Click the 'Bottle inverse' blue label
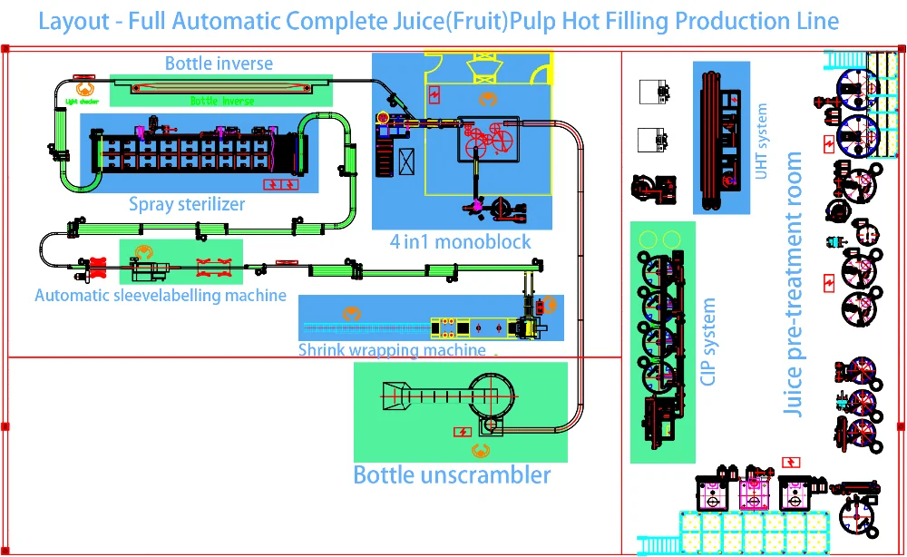(x=219, y=64)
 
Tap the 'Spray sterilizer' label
(x=187, y=204)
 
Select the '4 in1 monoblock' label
(x=461, y=241)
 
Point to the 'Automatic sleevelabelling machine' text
(x=161, y=295)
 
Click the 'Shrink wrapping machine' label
(x=392, y=349)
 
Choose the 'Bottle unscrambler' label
(x=452, y=474)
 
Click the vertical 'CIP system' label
(x=708, y=342)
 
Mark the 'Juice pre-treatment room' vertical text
(x=794, y=284)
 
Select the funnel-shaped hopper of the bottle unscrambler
(x=395, y=394)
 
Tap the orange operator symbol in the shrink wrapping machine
(x=349, y=312)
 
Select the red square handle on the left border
(x=5, y=425)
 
